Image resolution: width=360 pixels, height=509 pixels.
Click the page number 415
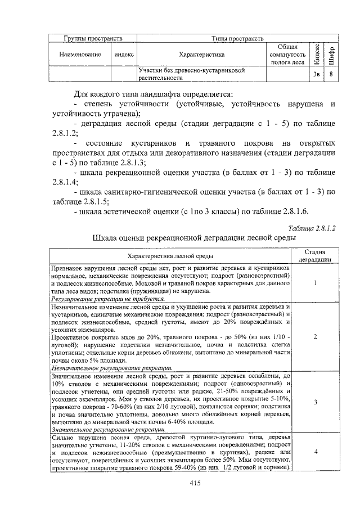(x=196, y=483)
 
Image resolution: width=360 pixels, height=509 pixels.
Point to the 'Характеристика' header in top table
(x=201, y=55)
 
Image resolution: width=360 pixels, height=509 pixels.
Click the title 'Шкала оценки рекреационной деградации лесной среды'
(x=194, y=239)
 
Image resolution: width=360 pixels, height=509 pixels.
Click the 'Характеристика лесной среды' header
(x=170, y=257)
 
